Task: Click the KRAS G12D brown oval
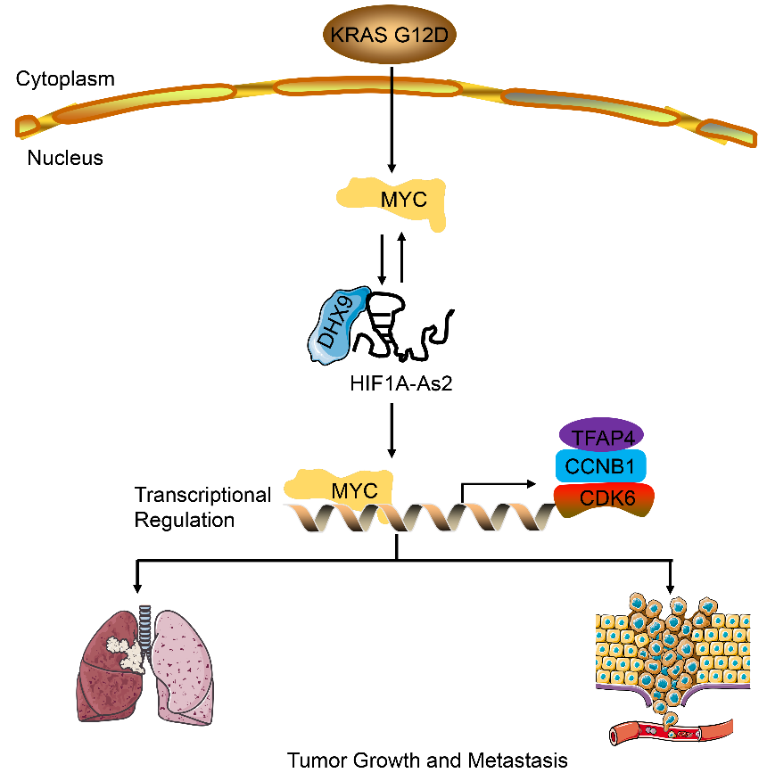point(390,37)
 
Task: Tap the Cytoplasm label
point(65,79)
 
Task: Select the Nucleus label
point(65,159)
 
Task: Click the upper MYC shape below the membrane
point(392,201)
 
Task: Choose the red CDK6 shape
point(604,498)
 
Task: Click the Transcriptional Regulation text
point(202,506)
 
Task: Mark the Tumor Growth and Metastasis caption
point(427,760)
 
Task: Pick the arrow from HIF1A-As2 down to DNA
point(392,432)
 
